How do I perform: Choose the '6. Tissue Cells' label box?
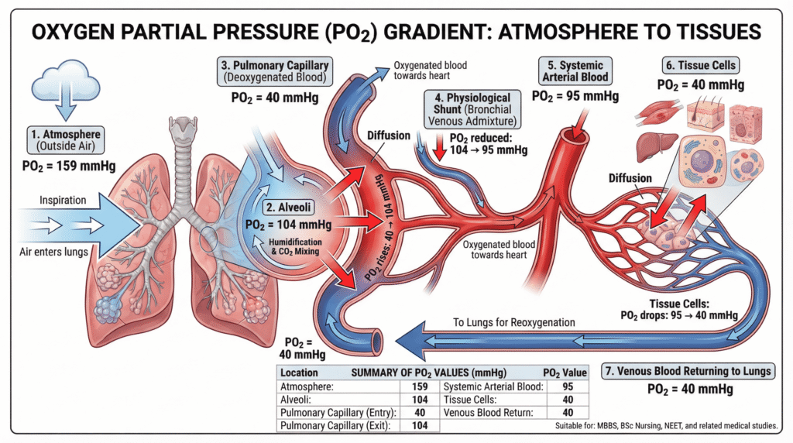point(695,66)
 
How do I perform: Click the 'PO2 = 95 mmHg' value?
point(575,97)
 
